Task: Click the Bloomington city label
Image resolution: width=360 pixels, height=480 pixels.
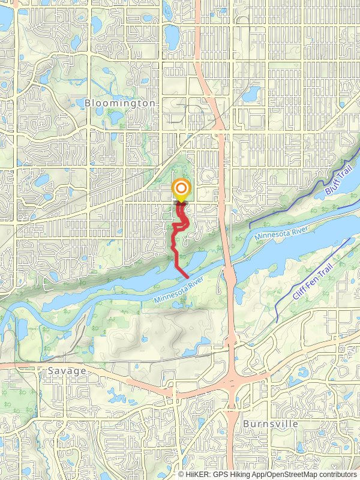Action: [x=120, y=103]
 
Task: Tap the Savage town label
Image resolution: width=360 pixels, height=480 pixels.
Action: [x=63, y=371]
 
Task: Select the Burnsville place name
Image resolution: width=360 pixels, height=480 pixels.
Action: [x=271, y=424]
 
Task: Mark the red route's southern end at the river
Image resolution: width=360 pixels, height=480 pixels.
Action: [x=187, y=277]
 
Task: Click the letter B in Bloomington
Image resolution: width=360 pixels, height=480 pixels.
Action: [x=88, y=103]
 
